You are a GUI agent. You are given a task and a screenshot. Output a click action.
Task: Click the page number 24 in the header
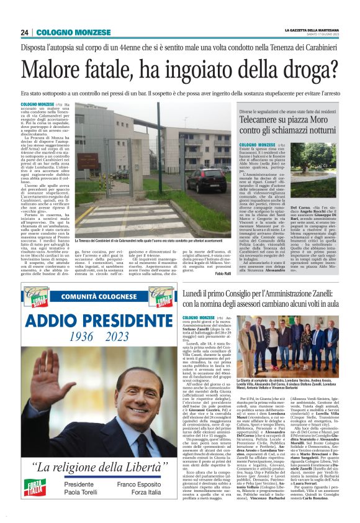[x=25, y=32]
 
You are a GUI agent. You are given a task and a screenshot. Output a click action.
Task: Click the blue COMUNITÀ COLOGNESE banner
[x=99, y=298]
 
